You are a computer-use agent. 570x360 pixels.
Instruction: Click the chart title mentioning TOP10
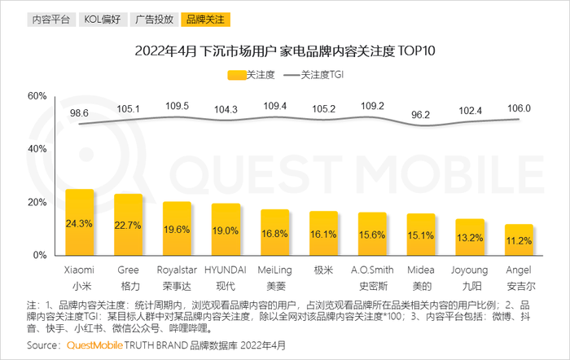[285, 51]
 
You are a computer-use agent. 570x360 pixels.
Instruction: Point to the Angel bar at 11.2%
[519, 239]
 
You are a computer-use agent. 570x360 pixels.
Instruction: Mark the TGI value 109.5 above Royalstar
[177, 107]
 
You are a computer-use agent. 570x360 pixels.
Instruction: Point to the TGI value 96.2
[421, 116]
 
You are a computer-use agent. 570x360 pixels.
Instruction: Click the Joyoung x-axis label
[470, 270]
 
